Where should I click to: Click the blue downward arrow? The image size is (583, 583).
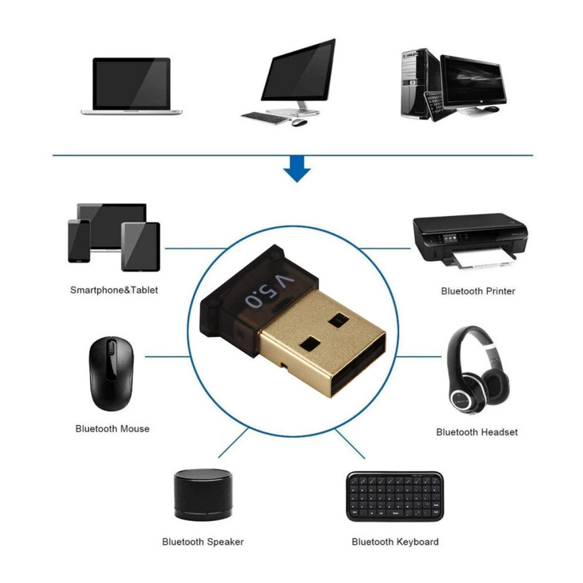pyautogui.click(x=297, y=169)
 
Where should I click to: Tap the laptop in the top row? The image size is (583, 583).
pyautogui.click(x=132, y=86)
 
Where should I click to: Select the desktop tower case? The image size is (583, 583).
pyautogui.click(x=420, y=84)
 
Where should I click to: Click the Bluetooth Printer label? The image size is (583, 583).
pyautogui.click(x=478, y=291)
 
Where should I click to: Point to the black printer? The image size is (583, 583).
pyautogui.click(x=470, y=241)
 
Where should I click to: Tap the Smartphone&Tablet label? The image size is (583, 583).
pyautogui.click(x=114, y=290)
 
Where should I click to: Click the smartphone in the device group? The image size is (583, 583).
pyautogui.click(x=79, y=241)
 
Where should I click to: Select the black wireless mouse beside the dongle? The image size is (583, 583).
pyautogui.click(x=111, y=373)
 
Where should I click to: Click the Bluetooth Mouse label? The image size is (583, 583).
pyautogui.click(x=112, y=429)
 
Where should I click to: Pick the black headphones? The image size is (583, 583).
pyautogui.click(x=478, y=370)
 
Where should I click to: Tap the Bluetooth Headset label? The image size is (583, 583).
pyautogui.click(x=476, y=432)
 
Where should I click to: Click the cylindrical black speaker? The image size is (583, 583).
pyautogui.click(x=203, y=495)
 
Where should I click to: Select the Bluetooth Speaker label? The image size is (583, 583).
pyautogui.click(x=203, y=542)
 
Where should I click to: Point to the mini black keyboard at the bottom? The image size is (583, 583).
pyautogui.click(x=395, y=497)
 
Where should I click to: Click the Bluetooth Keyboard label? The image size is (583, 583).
pyautogui.click(x=395, y=542)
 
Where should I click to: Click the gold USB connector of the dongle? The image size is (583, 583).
pyautogui.click(x=322, y=342)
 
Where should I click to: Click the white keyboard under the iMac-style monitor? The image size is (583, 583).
pyautogui.click(x=266, y=118)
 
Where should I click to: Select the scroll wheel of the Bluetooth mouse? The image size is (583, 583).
pyautogui.click(x=111, y=349)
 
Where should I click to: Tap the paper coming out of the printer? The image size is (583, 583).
pyautogui.click(x=483, y=259)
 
